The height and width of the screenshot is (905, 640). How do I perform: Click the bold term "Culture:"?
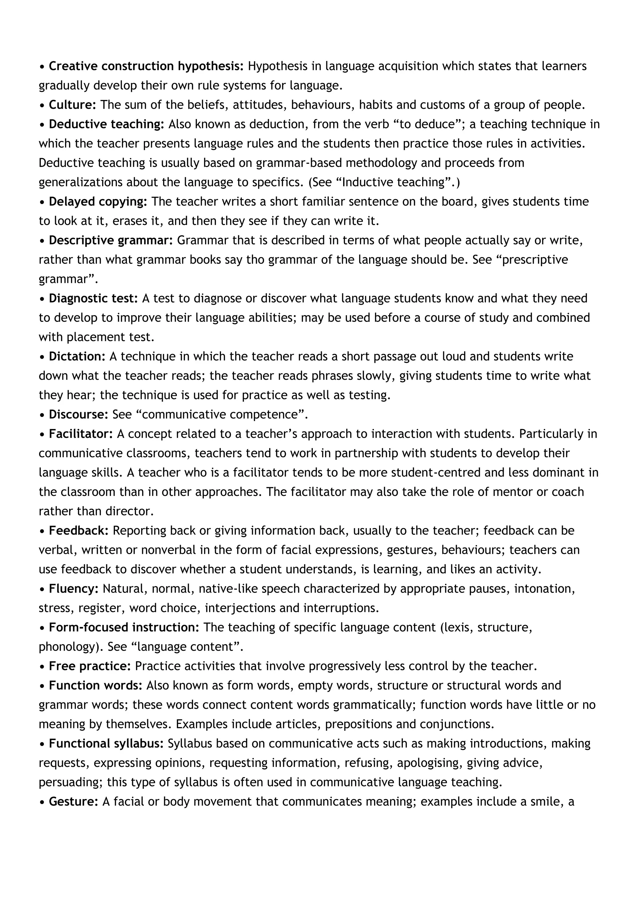click(x=72, y=105)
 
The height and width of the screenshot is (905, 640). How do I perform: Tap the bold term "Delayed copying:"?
click(x=98, y=202)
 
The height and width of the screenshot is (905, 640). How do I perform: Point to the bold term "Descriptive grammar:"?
click(x=111, y=240)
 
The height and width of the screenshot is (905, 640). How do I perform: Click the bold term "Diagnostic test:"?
click(x=93, y=298)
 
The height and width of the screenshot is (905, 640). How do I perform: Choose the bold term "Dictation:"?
click(x=77, y=356)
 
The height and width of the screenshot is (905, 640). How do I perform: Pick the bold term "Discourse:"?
click(x=78, y=414)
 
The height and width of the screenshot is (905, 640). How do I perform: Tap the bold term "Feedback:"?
click(x=78, y=531)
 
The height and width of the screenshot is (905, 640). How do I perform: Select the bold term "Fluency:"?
click(x=74, y=588)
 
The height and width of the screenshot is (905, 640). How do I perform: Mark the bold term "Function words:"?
click(x=95, y=685)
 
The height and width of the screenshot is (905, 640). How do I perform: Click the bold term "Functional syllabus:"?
click(x=106, y=743)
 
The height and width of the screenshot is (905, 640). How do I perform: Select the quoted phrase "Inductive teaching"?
click(x=398, y=182)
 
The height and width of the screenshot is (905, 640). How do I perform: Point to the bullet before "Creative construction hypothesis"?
click(x=42, y=67)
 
